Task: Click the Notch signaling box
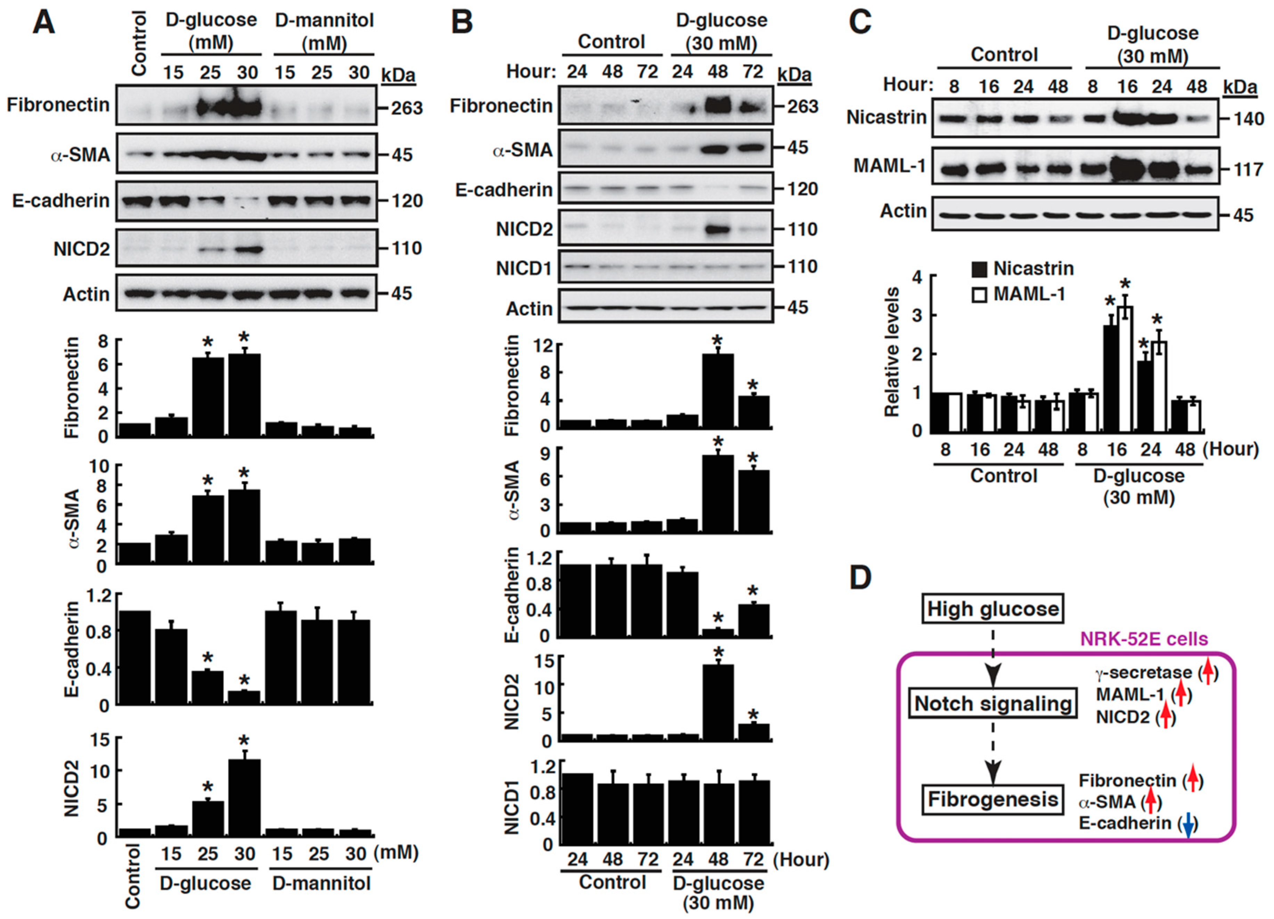993,703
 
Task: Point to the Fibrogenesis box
993,799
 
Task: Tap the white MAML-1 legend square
979,294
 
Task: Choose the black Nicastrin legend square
979,269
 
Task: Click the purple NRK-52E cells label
1144,639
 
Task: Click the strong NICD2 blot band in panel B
718,230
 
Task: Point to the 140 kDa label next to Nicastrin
1248,119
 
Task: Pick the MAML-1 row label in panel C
889,166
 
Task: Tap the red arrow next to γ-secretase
1208,672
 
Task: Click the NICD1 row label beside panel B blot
523,268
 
